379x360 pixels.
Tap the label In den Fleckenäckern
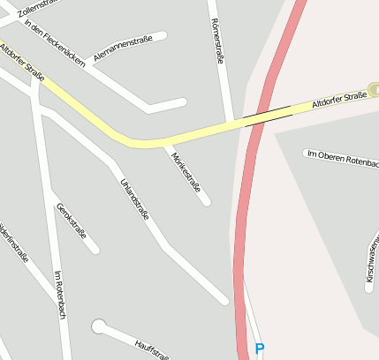coord(55,43)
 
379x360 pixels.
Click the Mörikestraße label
coord(186,172)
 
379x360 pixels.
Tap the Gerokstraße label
coord(72,221)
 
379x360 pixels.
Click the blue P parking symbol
coord(259,349)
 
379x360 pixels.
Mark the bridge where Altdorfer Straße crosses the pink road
coord(267,116)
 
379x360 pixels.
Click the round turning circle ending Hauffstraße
coord(99,327)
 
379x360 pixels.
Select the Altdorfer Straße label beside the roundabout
coord(340,101)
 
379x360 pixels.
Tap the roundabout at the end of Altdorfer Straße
coord(375,89)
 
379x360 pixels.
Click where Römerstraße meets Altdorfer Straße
coord(229,124)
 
